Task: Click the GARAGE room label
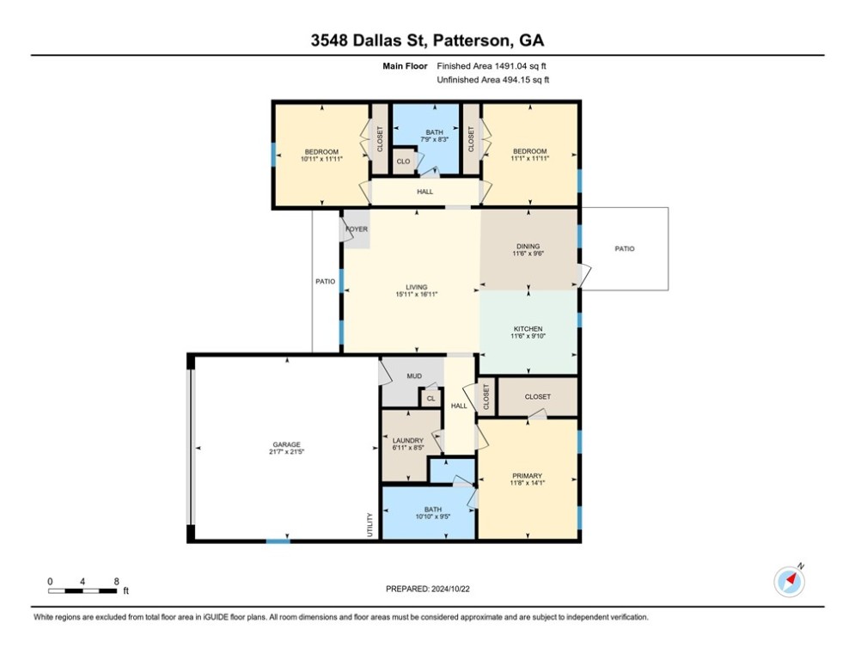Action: (287, 444)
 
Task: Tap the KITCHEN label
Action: (528, 329)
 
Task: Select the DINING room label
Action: (528, 246)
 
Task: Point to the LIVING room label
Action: (417, 287)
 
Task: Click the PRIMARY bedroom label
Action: (527, 475)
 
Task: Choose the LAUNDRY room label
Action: (408, 440)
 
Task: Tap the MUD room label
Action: (414, 376)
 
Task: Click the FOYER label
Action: (357, 229)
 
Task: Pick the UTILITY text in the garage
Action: (369, 525)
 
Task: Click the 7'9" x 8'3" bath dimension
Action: (435, 139)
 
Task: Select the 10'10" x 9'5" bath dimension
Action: (433, 516)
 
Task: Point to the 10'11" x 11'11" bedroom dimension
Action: (321, 159)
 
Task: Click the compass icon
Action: (789, 582)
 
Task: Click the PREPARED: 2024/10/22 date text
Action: (428, 589)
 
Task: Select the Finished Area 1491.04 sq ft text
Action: (492, 66)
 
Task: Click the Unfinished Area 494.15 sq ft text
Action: (493, 80)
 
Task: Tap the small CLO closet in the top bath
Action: (404, 162)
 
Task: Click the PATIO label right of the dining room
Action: (625, 248)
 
